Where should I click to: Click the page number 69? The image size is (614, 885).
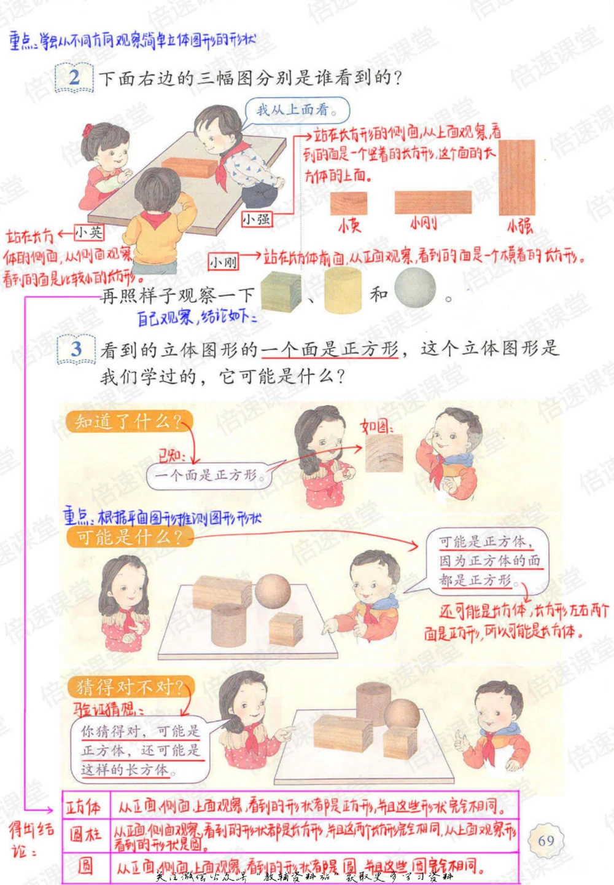click(x=546, y=840)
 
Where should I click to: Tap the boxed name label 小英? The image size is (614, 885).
click(x=89, y=232)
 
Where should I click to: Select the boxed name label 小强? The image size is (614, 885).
click(x=256, y=219)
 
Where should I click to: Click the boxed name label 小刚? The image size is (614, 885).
click(x=223, y=262)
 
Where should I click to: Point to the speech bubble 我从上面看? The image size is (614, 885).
click(x=297, y=111)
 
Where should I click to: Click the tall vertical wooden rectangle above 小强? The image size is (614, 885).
click(x=516, y=178)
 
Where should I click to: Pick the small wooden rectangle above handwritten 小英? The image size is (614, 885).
click(x=349, y=203)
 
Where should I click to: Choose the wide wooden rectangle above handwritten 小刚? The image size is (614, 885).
click(x=433, y=202)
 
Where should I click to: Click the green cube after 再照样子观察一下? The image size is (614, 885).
click(x=281, y=291)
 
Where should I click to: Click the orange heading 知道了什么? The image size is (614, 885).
click(x=128, y=422)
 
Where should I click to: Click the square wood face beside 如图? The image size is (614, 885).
click(x=384, y=453)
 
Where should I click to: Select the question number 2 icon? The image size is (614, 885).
click(x=74, y=78)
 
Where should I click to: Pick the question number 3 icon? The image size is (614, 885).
click(x=76, y=350)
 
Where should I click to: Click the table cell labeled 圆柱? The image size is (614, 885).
click(x=85, y=834)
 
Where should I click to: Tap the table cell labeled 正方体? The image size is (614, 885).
click(x=85, y=806)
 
